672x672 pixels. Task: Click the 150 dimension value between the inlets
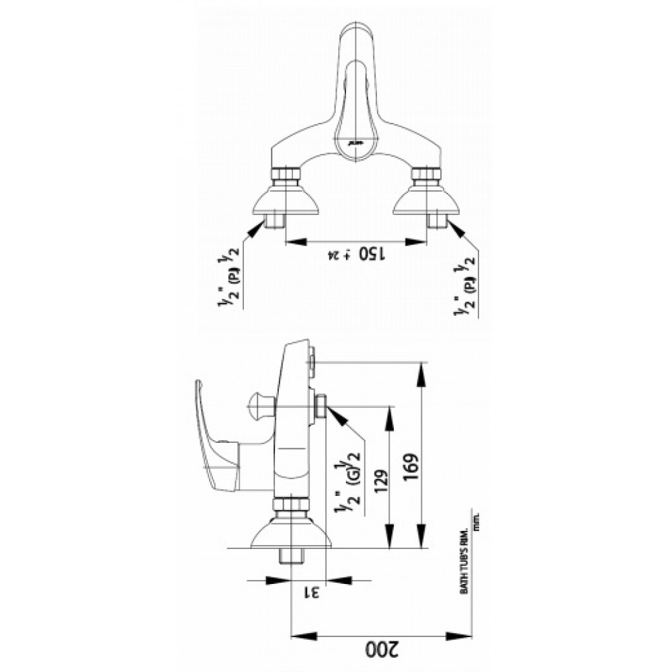coord(371,253)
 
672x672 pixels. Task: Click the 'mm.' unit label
coord(476,523)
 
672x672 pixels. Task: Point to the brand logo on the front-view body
coord(355,142)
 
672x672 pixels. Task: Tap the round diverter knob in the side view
coord(261,405)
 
